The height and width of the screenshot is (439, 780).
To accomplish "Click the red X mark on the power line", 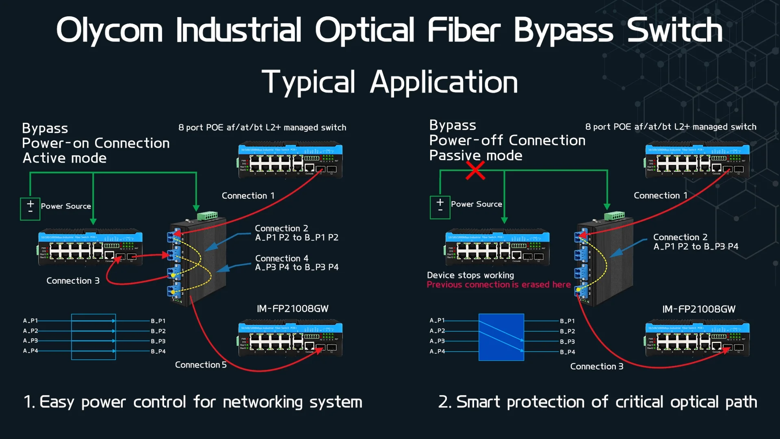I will pos(475,171).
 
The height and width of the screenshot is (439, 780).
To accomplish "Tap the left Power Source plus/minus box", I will pos(30,209).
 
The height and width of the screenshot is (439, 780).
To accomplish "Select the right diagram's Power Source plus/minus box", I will pos(440,207).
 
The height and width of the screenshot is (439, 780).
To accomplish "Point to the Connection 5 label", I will pos(201,365).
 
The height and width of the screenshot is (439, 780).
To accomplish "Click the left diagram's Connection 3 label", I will pos(73,280).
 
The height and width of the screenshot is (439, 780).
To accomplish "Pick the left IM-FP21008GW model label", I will pos(292,309).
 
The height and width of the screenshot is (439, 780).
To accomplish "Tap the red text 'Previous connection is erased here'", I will pos(498,285).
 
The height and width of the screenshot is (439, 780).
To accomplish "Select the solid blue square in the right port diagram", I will pos(501,337).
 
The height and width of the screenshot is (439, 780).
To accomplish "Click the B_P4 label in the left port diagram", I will pos(158,351).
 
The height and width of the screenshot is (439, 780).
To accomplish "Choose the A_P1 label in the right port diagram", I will pos(437,320).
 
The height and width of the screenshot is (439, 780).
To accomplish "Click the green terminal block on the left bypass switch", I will pos(207,215).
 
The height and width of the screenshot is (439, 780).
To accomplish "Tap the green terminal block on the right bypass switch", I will pos(614,215).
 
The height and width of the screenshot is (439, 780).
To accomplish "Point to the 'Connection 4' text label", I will pos(282,258).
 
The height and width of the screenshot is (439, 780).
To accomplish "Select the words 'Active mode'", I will pos(65,158).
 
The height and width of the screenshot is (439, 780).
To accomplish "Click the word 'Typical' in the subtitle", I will pos(309,82).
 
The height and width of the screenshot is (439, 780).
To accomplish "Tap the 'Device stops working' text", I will pos(470,275).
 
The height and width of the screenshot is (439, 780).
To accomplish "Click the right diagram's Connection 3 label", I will pos(596,366).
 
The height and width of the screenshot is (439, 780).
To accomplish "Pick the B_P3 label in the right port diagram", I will pos(567,341).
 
